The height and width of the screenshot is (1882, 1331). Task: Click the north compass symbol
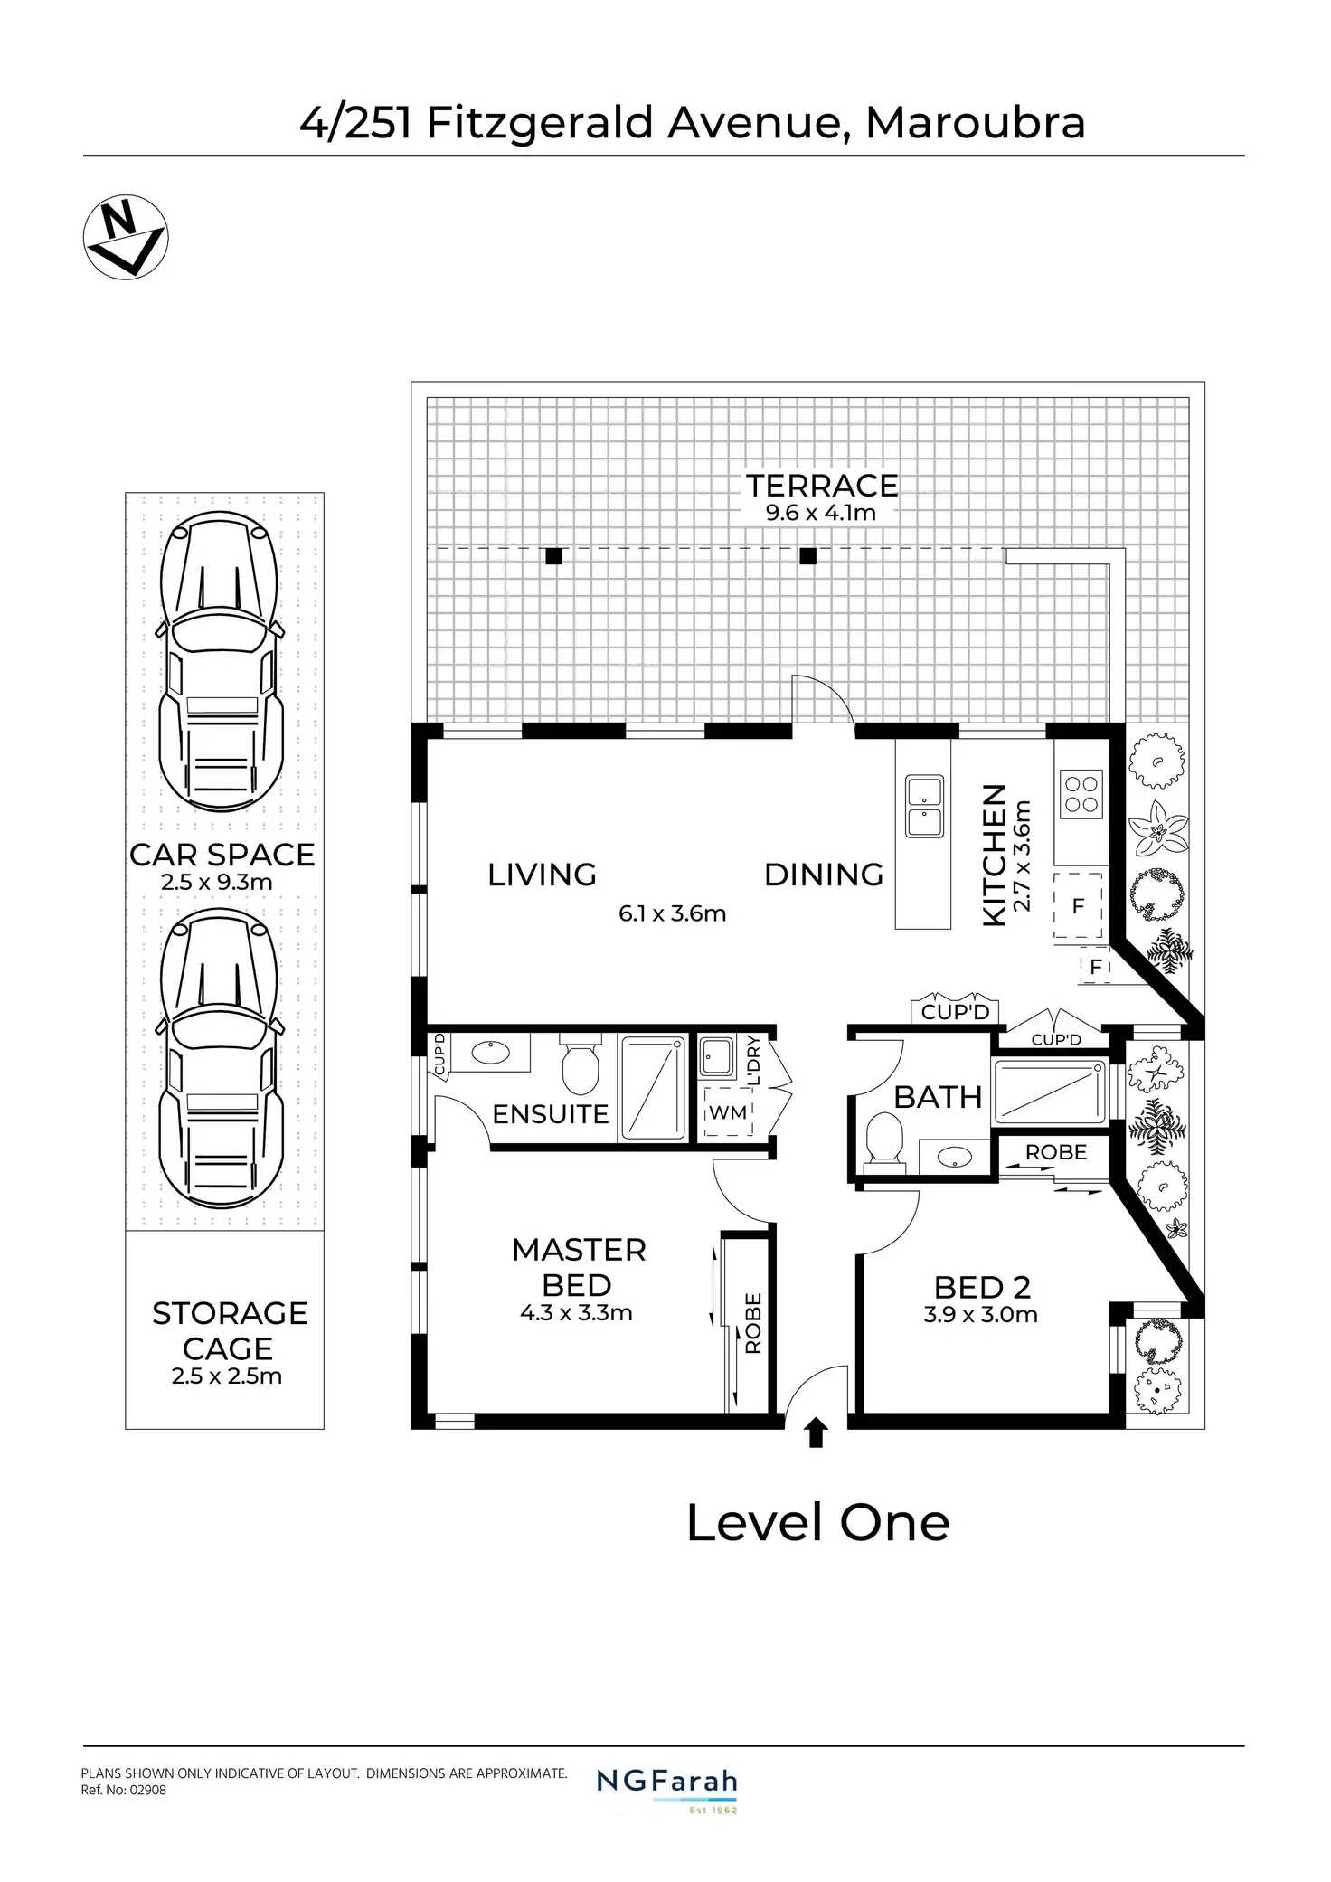pos(126,237)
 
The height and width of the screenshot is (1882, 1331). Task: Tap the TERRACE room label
pos(822,486)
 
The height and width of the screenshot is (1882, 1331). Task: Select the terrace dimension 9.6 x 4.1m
pos(821,514)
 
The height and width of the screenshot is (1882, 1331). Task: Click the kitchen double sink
pos(925,806)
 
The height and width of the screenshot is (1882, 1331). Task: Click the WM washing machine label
pos(728,1112)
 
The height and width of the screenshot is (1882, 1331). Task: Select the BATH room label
pos(938,1097)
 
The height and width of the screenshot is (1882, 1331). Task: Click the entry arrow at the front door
pos(817,1433)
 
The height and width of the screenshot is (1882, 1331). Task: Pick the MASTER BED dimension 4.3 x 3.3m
pos(576,1313)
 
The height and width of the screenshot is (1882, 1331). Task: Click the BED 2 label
pos(982,1286)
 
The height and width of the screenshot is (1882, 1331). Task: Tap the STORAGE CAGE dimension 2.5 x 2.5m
pos(227,1376)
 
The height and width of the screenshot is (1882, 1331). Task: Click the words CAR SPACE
pos(222,855)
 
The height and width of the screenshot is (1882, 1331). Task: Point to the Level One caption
pos(817,1523)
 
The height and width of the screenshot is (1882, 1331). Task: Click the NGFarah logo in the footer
pos(667,1783)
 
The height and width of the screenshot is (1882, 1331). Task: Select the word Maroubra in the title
pos(975,123)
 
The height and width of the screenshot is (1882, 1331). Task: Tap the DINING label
pos(824,875)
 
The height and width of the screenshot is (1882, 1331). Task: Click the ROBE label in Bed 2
pos(1055,1152)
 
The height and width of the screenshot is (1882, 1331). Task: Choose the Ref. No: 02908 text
pos(124,1790)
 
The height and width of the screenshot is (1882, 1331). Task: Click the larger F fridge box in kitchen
pos(1078,905)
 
